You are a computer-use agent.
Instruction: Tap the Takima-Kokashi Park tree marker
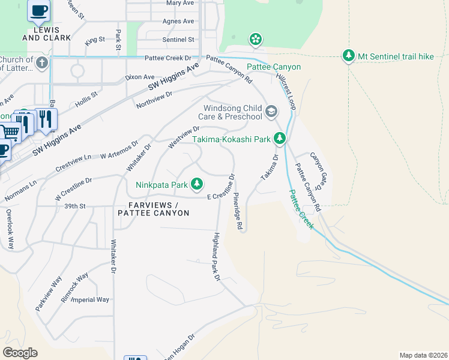click(x=279, y=139)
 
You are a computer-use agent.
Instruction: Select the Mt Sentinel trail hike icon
click(x=349, y=56)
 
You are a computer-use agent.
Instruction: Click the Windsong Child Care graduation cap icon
click(x=271, y=111)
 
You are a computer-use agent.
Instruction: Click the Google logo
click(x=20, y=353)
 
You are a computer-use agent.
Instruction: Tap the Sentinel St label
click(x=178, y=40)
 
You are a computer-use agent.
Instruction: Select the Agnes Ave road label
click(x=178, y=21)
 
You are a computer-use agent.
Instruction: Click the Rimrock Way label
click(x=74, y=287)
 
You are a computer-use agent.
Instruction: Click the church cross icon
click(x=41, y=62)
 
